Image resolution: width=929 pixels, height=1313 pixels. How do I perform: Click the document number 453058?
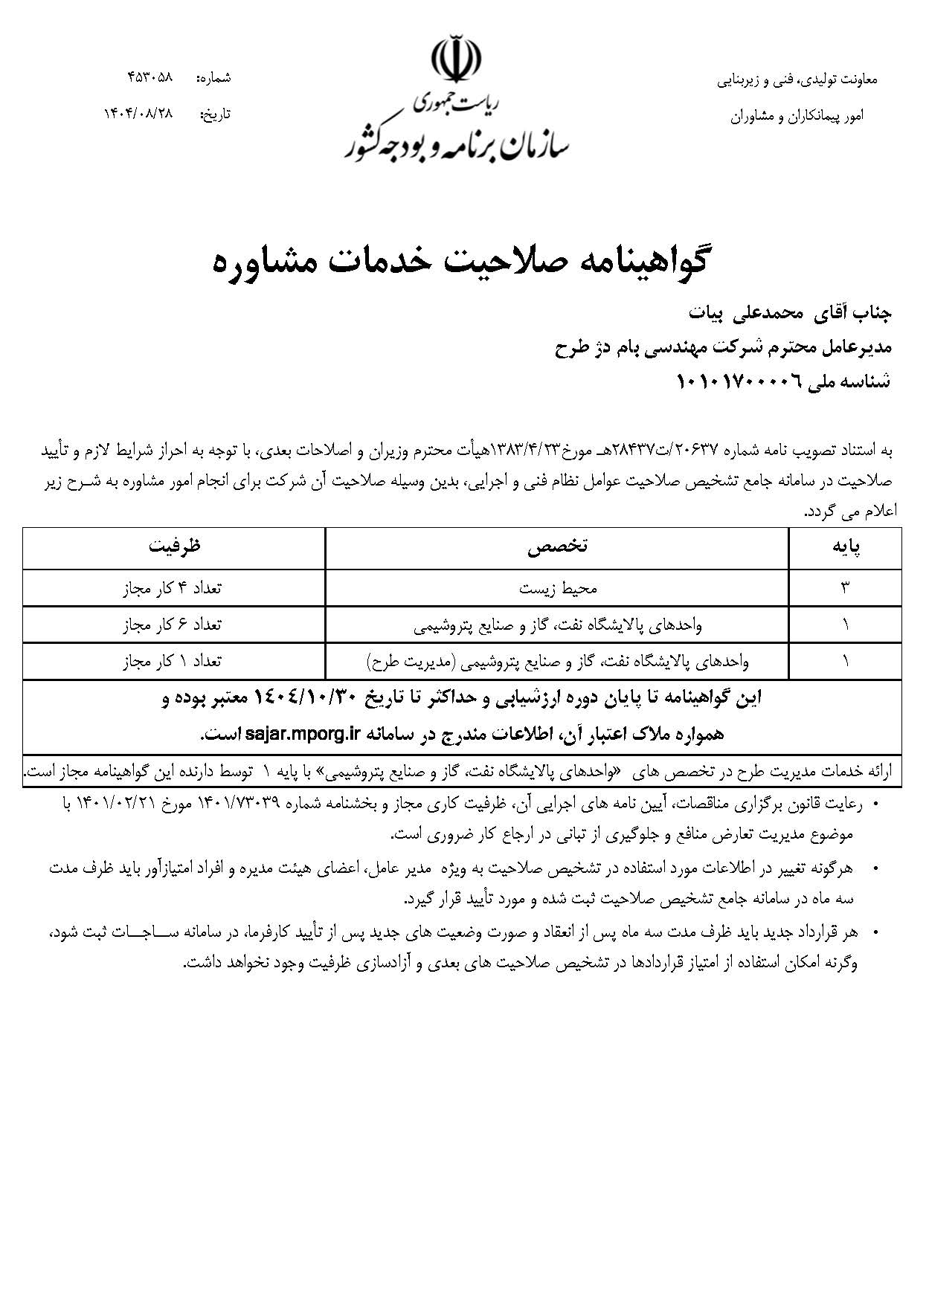150,77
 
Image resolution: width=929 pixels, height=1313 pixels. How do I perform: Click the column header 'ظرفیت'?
174,548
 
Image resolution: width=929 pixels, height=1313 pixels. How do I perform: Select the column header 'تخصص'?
557,548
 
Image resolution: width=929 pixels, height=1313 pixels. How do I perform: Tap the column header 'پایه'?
845,548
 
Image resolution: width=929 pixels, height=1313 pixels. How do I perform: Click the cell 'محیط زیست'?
558,588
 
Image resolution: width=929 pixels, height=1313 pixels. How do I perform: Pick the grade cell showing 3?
845,588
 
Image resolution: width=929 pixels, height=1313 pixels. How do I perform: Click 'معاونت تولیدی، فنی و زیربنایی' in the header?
797,79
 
